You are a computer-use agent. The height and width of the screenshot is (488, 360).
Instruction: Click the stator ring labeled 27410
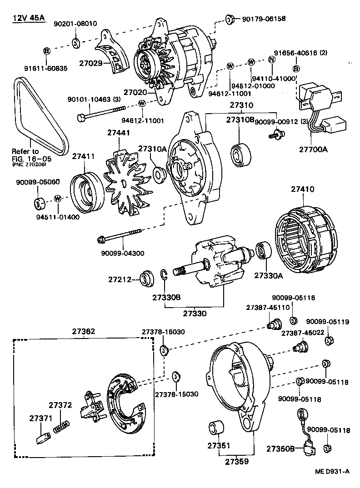(x=305, y=239)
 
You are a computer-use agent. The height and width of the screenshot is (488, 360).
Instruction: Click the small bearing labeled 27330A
(x=263, y=251)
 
